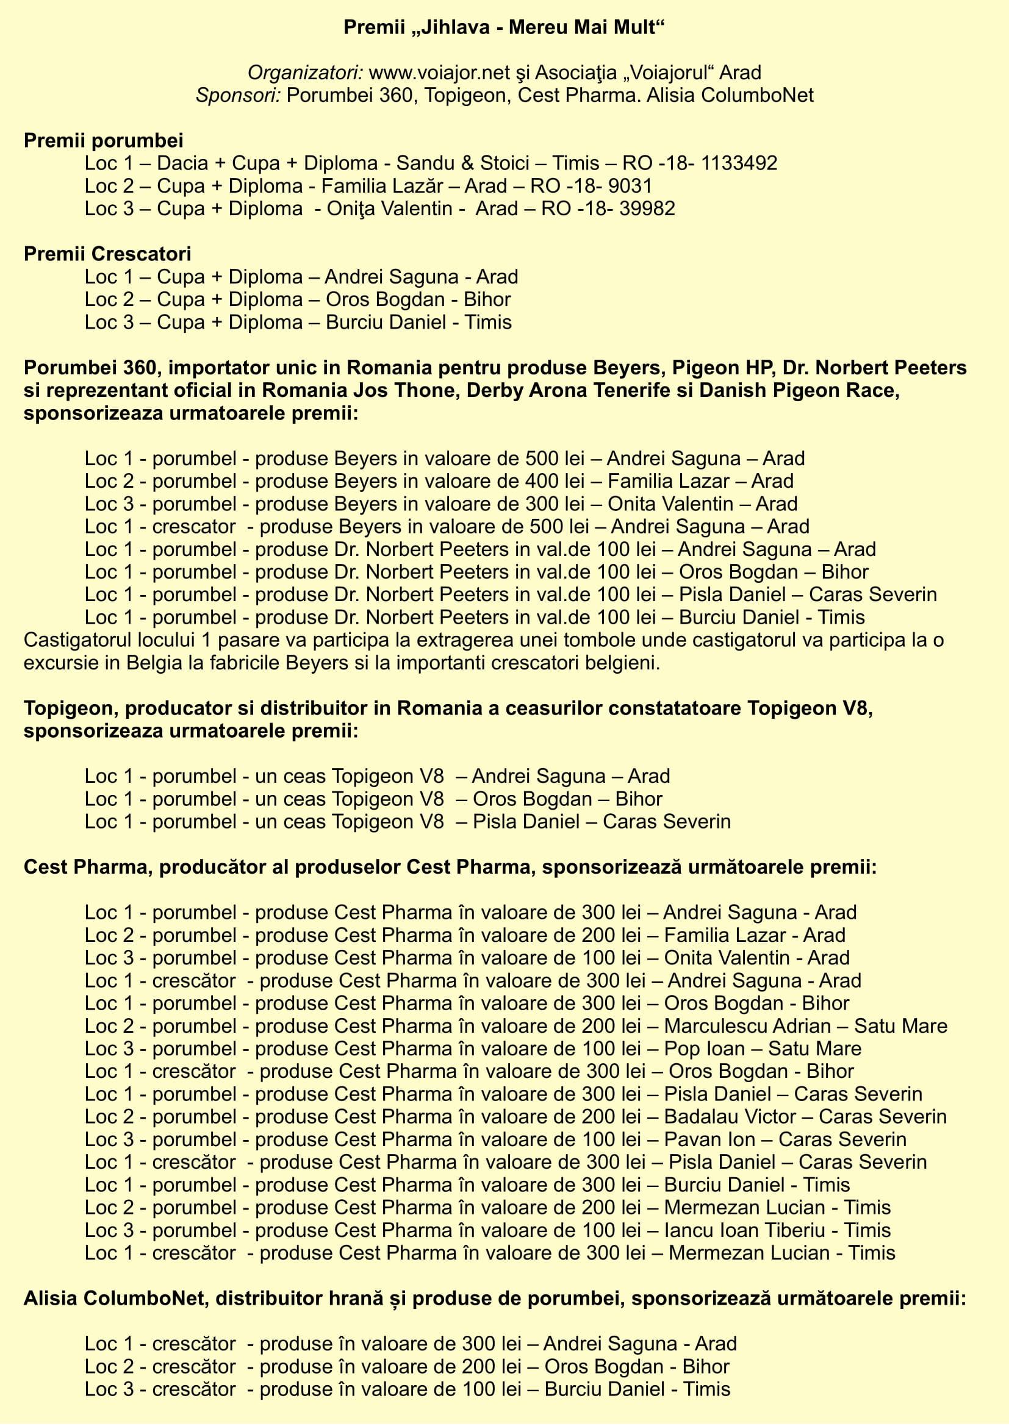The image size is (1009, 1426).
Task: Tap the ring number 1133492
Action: (739, 163)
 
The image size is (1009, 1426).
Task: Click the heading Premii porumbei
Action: (103, 140)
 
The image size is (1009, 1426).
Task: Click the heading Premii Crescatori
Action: (107, 254)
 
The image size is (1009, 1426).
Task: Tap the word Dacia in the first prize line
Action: (182, 163)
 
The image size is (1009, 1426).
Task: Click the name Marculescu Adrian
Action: (747, 1025)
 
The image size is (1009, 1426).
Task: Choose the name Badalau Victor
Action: (730, 1116)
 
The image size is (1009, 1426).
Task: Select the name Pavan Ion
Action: (709, 1139)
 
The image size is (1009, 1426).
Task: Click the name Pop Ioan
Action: (704, 1049)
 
